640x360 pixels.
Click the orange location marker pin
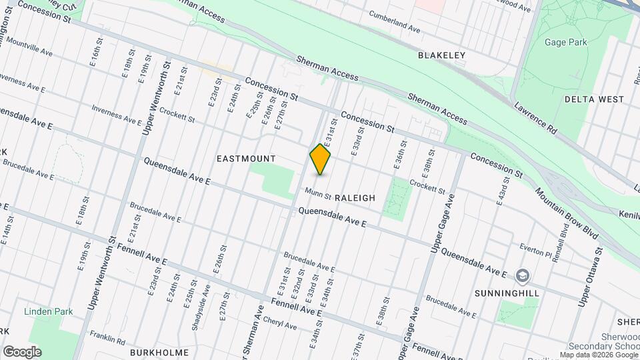321,160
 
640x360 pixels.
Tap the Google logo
22,351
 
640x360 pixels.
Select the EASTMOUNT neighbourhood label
246,159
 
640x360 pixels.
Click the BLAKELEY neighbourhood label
441,55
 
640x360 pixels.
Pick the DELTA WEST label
594,99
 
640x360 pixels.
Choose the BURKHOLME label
159,351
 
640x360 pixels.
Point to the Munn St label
318,193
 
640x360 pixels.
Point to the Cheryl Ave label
280,322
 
